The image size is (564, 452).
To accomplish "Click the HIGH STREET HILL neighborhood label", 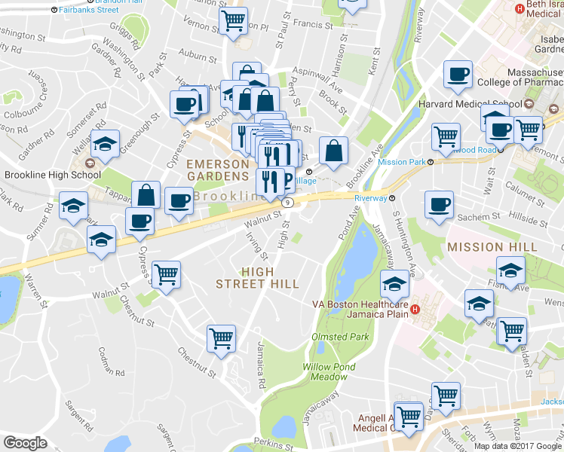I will [258, 277].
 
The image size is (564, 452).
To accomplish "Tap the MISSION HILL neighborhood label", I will [492, 246].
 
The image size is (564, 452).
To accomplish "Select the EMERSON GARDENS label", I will [217, 170].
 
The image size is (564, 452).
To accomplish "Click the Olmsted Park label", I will [341, 337].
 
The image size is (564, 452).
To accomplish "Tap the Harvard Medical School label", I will [480, 104].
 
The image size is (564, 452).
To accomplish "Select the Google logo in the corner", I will [25, 443].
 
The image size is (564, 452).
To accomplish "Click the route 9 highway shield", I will [287, 203].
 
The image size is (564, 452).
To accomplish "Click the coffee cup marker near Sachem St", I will [440, 204].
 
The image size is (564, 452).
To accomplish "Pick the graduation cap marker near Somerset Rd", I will [106, 143].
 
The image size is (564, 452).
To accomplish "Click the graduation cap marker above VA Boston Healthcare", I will [394, 285].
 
